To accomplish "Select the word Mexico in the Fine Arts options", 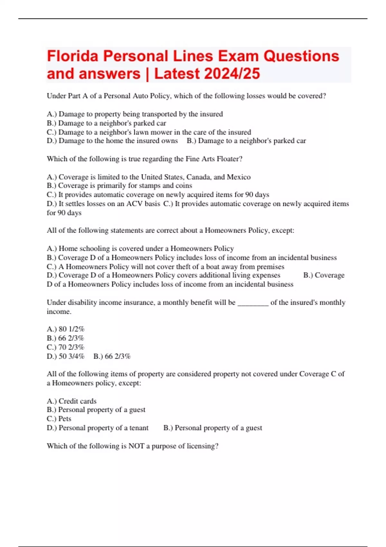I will coord(239,177).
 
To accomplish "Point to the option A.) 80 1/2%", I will coord(66,329).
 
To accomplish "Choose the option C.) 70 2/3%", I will coord(66,347).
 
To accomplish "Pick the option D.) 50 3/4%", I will coord(66,356).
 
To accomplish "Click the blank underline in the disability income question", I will coord(253,303).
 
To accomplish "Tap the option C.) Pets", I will coord(59,419).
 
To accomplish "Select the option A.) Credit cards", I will coord(72,401).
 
